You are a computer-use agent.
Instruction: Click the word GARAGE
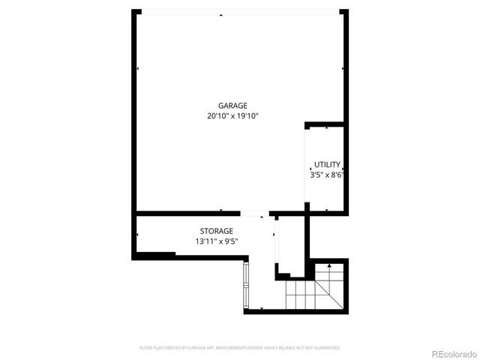[x=232, y=106]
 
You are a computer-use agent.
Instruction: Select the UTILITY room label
[x=327, y=164]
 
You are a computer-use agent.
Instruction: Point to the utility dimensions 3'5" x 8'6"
[x=327, y=175]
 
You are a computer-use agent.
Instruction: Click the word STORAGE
[x=216, y=231]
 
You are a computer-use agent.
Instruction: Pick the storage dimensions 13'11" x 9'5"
[x=216, y=241]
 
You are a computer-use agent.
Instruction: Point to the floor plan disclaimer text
[x=240, y=348]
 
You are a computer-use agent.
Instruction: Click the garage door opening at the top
[x=240, y=11]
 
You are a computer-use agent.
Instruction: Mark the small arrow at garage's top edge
[x=220, y=15]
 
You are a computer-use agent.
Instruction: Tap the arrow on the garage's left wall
[x=138, y=69]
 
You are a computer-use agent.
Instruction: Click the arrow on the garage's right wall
[x=343, y=69]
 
